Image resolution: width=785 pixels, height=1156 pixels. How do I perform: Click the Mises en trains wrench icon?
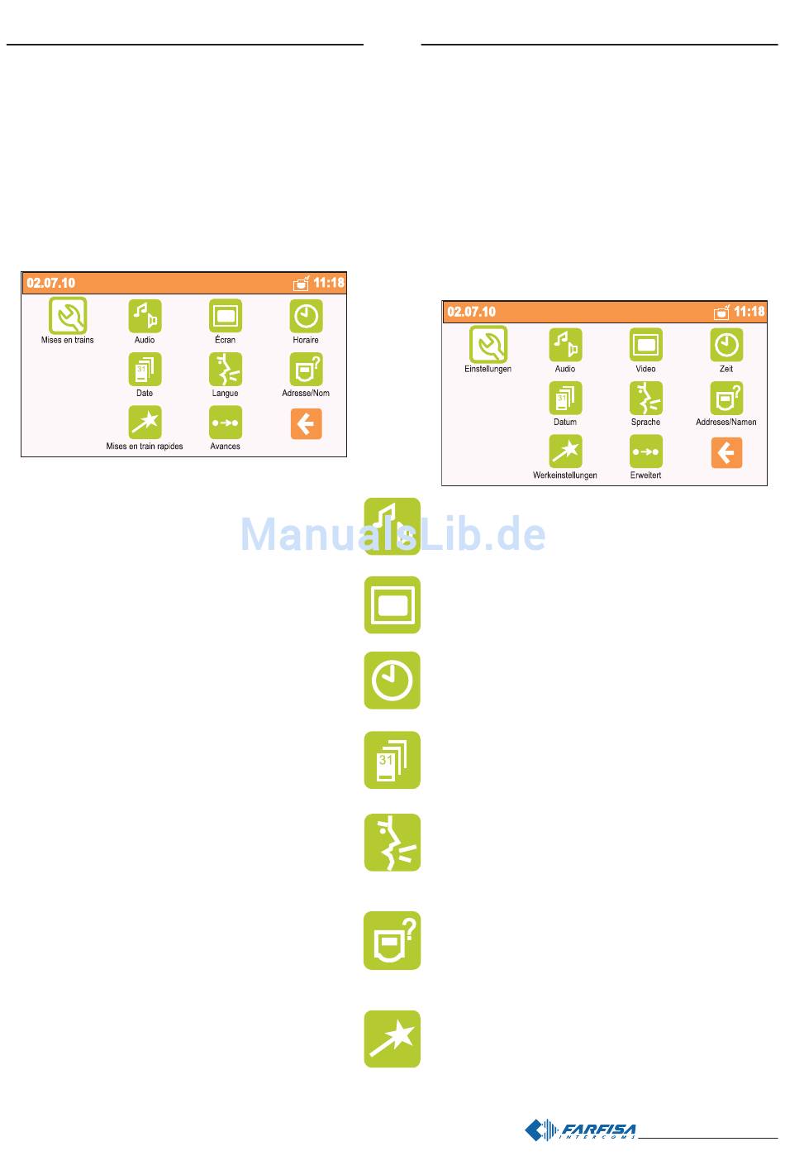68,315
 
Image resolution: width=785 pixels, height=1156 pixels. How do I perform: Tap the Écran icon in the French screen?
225,315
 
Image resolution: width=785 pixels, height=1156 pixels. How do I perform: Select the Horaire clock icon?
306,315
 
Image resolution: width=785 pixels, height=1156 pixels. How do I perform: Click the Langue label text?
225,394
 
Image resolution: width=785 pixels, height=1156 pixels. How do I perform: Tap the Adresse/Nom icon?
306,369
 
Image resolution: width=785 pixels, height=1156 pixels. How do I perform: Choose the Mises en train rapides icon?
145,423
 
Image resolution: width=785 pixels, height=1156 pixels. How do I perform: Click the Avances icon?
225,423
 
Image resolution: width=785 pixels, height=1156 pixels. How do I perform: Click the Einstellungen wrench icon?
488,344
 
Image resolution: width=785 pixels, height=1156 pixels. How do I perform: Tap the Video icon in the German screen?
646,344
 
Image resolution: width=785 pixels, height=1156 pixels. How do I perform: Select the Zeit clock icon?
726,344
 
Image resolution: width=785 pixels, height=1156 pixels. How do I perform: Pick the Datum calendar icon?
565,398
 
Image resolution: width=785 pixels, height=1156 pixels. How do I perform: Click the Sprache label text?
646,423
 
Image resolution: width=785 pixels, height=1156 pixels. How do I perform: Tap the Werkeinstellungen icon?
565,451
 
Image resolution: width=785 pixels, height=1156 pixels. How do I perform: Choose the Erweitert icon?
646,451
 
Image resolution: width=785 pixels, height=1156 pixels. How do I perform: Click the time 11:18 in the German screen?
749,312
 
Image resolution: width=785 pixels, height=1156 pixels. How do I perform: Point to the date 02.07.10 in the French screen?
51,283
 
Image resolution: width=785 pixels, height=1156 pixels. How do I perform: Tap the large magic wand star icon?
392,1039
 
